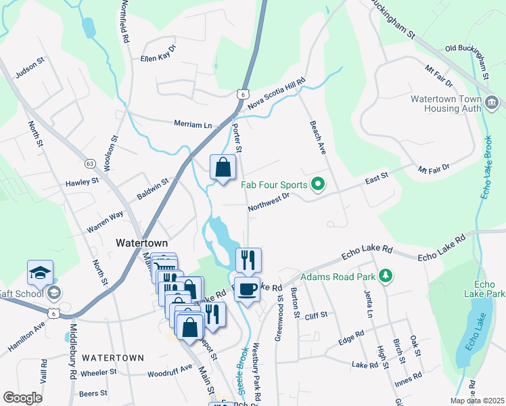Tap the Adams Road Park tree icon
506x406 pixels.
pyautogui.click(x=385, y=276)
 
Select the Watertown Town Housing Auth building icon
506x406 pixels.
pyautogui.click(x=492, y=102)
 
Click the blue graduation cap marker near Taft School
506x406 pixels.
pyautogui.click(x=40, y=273)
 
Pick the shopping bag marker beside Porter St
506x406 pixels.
pyautogui.click(x=223, y=166)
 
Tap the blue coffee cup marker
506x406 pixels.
pyautogui.click(x=247, y=289)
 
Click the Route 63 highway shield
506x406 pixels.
pyautogui.click(x=89, y=163)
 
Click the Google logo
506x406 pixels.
pyautogui.click(x=22, y=398)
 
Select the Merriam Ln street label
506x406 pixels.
pyautogui.click(x=193, y=125)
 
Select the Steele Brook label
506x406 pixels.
pyautogui.click(x=244, y=368)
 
